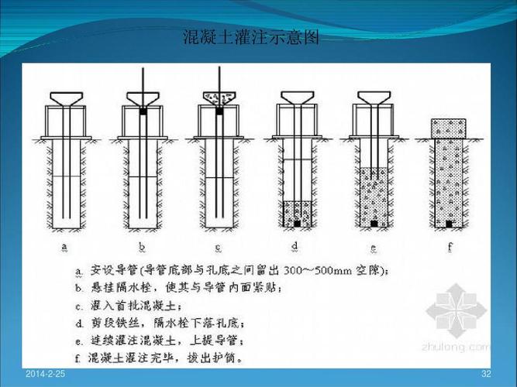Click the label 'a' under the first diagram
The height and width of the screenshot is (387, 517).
click(x=65, y=248)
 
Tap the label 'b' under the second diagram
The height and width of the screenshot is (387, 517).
click(x=141, y=248)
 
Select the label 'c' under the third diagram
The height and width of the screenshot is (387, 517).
click(x=218, y=248)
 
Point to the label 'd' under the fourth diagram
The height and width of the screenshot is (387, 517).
click(x=296, y=248)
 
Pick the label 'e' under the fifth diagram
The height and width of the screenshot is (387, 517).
click(x=374, y=248)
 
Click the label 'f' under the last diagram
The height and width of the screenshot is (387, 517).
click(x=450, y=248)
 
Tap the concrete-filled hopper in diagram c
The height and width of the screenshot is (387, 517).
click(x=219, y=98)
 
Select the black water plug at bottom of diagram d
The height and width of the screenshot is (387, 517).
click(x=297, y=224)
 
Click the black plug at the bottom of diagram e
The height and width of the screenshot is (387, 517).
click(x=374, y=224)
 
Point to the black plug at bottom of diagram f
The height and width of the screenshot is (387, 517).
click(x=450, y=224)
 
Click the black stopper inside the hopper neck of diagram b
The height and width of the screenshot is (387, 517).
click(x=143, y=111)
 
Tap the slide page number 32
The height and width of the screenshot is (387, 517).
click(x=486, y=375)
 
